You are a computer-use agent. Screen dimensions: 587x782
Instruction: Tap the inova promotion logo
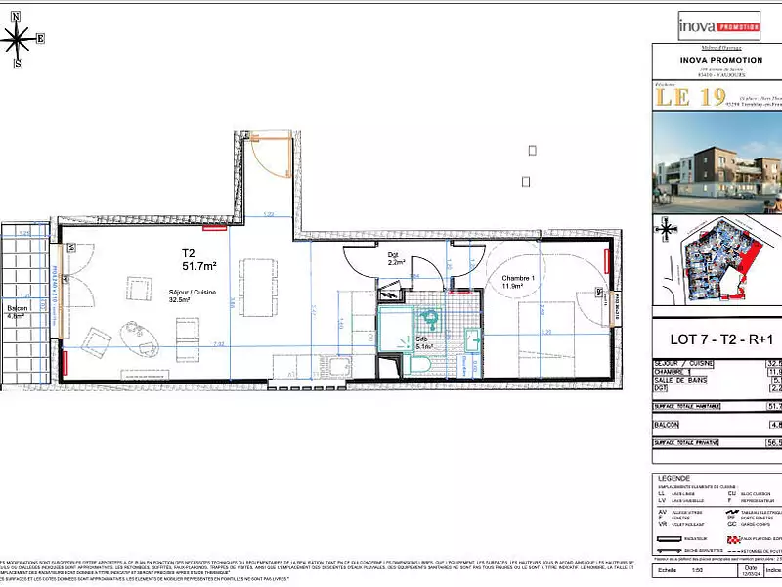tap(718, 25)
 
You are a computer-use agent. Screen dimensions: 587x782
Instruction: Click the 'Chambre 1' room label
tap(521, 279)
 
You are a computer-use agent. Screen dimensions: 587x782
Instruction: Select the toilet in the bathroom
tap(418, 363)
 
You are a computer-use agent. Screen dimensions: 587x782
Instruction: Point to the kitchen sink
tap(339, 367)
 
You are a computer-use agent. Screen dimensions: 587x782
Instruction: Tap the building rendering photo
tap(717, 162)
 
